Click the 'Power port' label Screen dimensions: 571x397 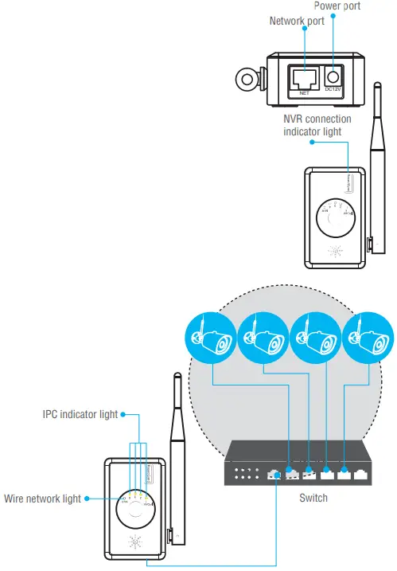click(337, 6)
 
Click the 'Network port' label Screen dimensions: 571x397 click(297, 22)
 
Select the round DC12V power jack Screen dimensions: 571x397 click(333, 76)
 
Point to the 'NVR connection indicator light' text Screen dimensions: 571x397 click(317, 125)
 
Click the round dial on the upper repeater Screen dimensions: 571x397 click(334, 213)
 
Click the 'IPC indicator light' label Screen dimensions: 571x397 click(80, 414)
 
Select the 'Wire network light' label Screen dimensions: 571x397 click(41, 499)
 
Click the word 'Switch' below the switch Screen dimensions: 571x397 click(313, 499)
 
